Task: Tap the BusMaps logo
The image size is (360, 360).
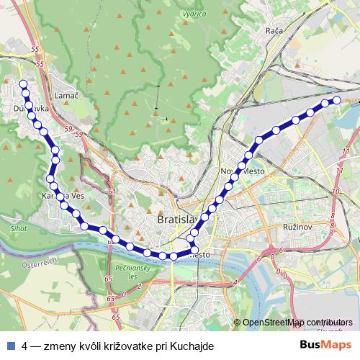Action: click(325, 346)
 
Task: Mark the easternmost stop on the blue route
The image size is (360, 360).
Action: click(336, 99)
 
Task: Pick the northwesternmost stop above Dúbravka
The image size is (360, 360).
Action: click(23, 84)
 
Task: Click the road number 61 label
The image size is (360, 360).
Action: click(111, 193)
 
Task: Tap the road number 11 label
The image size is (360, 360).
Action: click(346, 150)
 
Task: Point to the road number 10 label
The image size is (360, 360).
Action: click(336, 192)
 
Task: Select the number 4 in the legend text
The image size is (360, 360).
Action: click(25, 346)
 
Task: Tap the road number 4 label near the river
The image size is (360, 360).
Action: click(235, 283)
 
